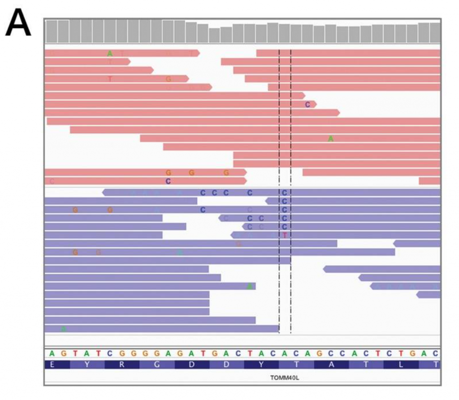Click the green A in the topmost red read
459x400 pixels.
(110, 53)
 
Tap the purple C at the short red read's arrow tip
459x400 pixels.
(307, 104)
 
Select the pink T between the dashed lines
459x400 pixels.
(285, 235)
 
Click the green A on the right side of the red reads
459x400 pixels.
(331, 139)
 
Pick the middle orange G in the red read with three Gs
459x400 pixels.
(191, 172)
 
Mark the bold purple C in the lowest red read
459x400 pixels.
(168, 181)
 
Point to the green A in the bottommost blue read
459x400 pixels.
(64, 329)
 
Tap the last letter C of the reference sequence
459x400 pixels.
(436, 353)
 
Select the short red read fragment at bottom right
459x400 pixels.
(429, 181)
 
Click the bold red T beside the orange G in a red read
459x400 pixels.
(110, 79)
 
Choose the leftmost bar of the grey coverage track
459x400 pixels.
(51, 31)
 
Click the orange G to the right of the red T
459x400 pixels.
(168, 79)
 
